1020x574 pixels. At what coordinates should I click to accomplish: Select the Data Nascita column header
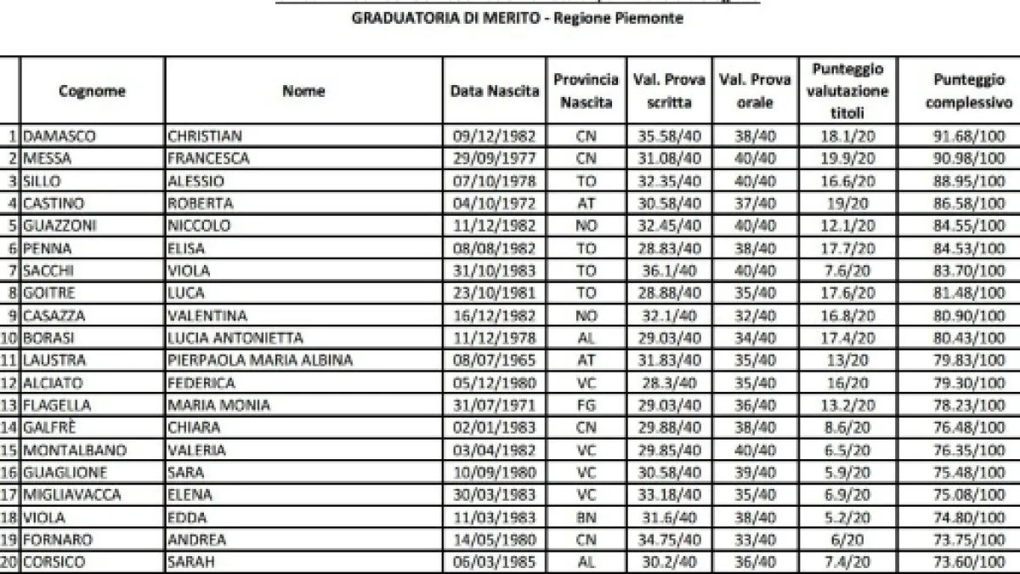[x=495, y=91]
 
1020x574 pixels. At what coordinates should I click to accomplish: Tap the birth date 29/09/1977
[x=495, y=158]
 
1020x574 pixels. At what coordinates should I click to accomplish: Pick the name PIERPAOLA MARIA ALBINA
[x=260, y=361]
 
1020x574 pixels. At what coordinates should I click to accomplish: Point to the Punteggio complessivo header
[x=968, y=90]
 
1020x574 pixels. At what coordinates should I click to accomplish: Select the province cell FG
[x=586, y=406]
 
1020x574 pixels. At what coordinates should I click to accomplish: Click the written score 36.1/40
[x=669, y=270]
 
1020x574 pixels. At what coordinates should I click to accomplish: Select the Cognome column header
[x=93, y=91]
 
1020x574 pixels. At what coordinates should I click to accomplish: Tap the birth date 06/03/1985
[x=495, y=563]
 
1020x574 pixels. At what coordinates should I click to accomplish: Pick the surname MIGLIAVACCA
[x=73, y=496]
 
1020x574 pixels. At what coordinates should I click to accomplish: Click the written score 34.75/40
[x=669, y=541]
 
